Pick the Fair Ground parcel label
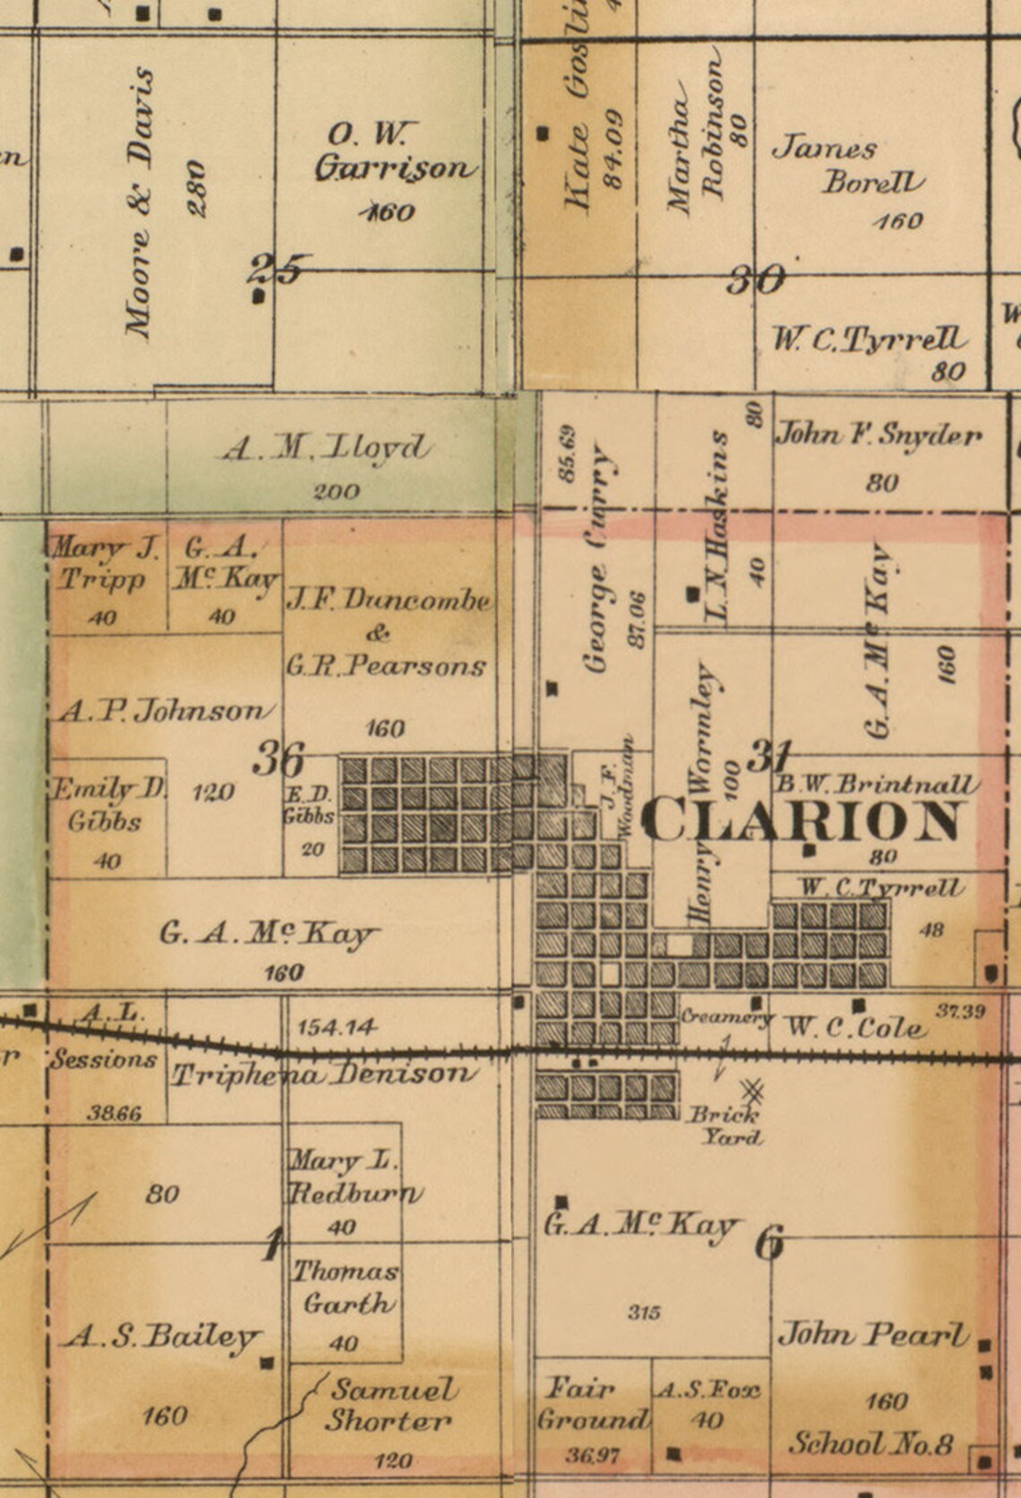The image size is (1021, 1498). pos(592,1404)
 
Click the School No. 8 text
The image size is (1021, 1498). pos(871,1443)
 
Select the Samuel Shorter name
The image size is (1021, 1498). pos(390,1405)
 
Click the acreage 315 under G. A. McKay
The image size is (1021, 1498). pos(644,1313)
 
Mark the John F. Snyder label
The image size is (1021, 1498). pos(878,435)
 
